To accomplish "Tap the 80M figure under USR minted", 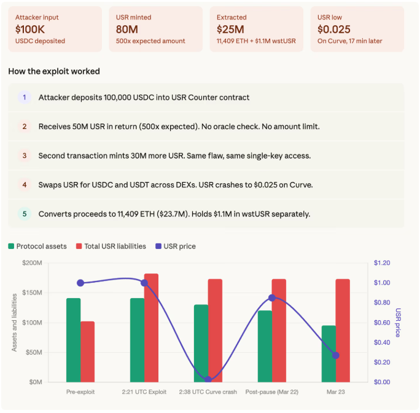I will [127, 28].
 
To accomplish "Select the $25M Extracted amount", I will [230, 28].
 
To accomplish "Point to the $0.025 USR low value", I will [334, 28].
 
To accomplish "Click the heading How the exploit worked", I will [54, 71].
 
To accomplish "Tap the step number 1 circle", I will [25, 97].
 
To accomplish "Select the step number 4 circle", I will [25, 184].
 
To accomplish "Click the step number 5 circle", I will [25, 214].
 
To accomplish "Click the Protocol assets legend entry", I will [37, 246].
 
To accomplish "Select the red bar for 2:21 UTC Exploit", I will [151, 328].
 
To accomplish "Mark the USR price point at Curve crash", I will [208, 380].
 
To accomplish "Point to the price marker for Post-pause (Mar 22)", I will [272, 298].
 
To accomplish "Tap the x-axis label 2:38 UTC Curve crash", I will [208, 392].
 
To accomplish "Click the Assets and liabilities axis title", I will [14, 322].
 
